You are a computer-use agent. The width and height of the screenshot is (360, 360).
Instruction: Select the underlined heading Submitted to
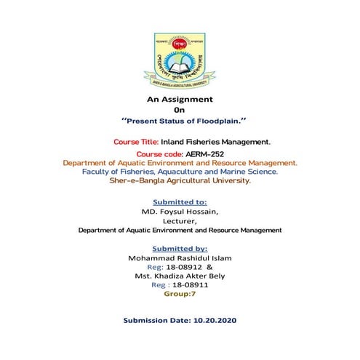(180, 201)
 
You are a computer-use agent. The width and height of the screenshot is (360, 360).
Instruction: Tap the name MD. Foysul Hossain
(180, 211)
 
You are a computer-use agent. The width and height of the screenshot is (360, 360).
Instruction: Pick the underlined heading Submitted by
(180, 248)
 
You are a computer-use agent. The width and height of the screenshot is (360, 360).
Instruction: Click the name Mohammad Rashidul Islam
(180, 258)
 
